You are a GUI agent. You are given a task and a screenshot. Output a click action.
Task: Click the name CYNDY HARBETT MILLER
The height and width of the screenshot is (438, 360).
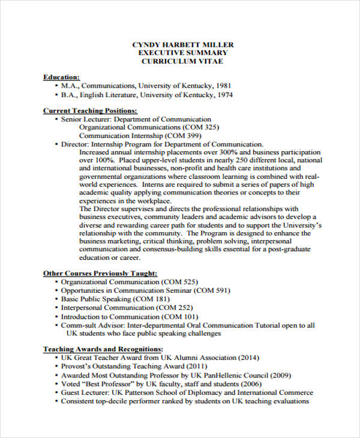click(182, 45)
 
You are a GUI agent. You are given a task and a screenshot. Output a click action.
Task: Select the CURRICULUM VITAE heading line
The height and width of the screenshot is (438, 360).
click(182, 61)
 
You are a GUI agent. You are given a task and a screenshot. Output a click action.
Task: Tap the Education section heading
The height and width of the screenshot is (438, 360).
click(61, 77)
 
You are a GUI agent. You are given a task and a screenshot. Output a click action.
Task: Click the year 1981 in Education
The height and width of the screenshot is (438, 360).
click(223, 86)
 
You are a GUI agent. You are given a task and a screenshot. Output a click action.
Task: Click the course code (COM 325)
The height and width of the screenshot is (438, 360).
click(201, 128)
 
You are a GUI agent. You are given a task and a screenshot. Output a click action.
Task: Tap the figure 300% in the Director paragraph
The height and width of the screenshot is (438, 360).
click(215, 152)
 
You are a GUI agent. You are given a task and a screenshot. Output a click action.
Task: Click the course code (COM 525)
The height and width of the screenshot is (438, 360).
click(179, 282)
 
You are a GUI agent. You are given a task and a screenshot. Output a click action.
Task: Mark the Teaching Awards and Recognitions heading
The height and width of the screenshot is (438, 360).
click(103, 349)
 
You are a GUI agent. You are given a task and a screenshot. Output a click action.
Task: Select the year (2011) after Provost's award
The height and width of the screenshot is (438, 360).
click(196, 366)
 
